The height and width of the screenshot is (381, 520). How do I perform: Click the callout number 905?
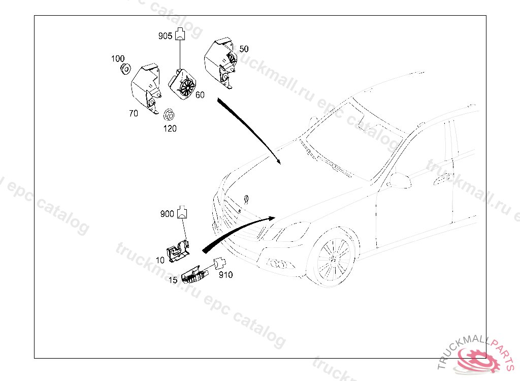tap(166, 36)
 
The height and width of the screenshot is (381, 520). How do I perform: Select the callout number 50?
tap(244, 49)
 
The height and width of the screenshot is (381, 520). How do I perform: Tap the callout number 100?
tap(118, 59)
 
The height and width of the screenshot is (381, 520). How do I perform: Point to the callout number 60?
tap(200, 95)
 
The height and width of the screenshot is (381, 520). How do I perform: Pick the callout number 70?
tap(133, 114)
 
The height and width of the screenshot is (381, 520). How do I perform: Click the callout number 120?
tap(170, 129)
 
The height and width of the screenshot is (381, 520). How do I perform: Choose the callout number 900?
tap(168, 214)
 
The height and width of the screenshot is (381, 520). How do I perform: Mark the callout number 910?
tap(225, 275)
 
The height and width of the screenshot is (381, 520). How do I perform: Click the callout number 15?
tap(173, 279)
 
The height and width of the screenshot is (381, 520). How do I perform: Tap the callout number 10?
tap(160, 260)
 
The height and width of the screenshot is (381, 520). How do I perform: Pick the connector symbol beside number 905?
tap(180, 35)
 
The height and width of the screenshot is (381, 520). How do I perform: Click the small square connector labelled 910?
tap(219, 264)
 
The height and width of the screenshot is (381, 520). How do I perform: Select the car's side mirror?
tap(400, 180)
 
